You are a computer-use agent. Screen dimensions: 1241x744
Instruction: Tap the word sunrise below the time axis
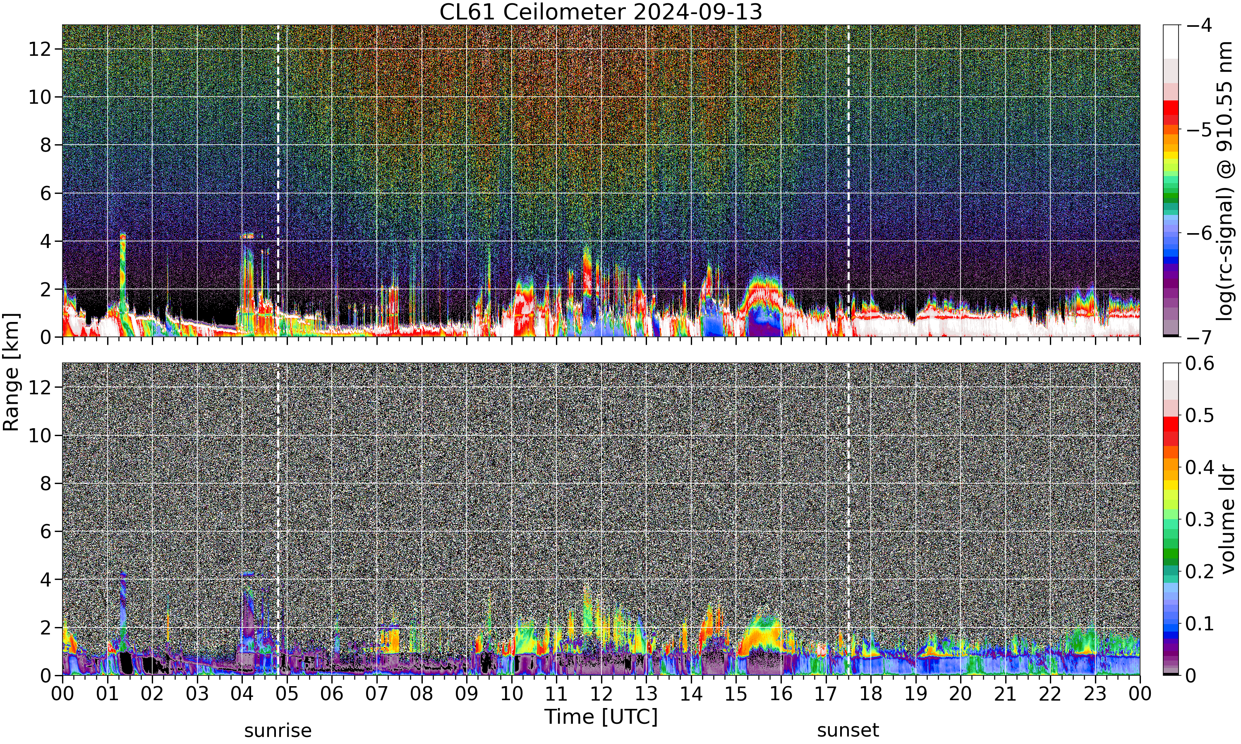click(278, 730)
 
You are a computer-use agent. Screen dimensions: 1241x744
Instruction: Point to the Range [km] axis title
click(11, 372)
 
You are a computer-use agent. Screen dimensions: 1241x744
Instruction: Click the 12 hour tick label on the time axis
click(601, 694)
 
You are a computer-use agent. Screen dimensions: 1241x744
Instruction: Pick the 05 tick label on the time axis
click(287, 694)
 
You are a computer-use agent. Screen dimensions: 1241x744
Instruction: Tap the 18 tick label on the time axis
click(870, 694)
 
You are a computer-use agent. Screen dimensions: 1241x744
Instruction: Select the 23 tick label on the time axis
click(1095, 694)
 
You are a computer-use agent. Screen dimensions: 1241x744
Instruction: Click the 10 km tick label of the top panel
click(40, 97)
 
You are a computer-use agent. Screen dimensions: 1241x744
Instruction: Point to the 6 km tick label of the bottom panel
click(46, 532)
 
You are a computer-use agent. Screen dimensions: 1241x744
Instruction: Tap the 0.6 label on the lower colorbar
click(1200, 363)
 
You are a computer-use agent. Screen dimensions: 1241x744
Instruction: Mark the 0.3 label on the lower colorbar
click(1200, 520)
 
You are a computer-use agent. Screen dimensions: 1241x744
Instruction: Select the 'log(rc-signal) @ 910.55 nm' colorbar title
click(1225, 181)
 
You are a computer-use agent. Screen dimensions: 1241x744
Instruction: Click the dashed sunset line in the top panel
click(848, 181)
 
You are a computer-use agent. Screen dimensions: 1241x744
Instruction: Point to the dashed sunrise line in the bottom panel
click(278, 519)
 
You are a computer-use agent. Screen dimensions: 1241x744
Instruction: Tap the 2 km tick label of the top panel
click(46, 290)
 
